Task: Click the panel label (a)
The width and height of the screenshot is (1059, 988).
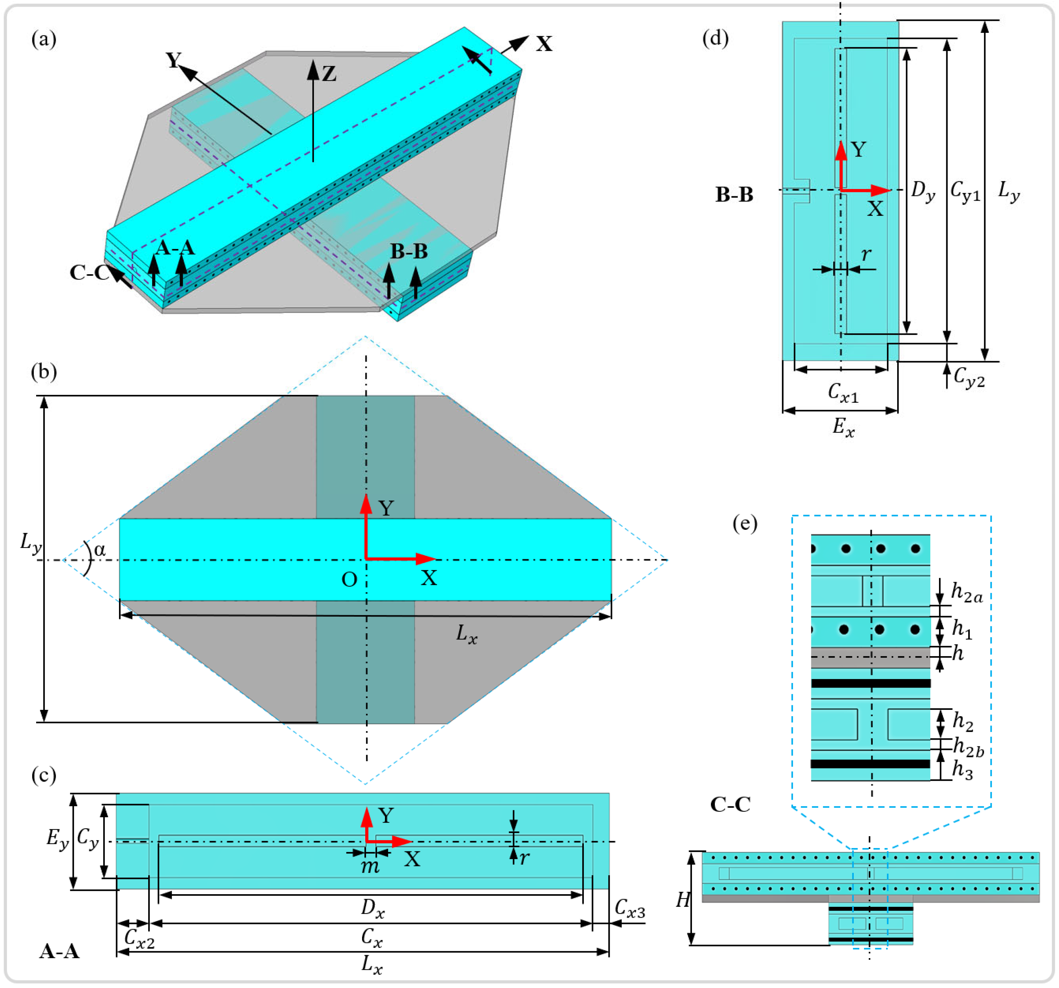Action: coord(44,39)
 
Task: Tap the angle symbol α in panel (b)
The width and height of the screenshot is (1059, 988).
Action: coord(99,550)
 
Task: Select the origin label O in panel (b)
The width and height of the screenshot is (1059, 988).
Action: coord(349,580)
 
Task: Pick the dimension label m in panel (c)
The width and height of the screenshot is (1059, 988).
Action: coord(370,867)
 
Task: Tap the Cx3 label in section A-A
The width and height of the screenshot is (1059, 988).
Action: coord(630,909)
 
